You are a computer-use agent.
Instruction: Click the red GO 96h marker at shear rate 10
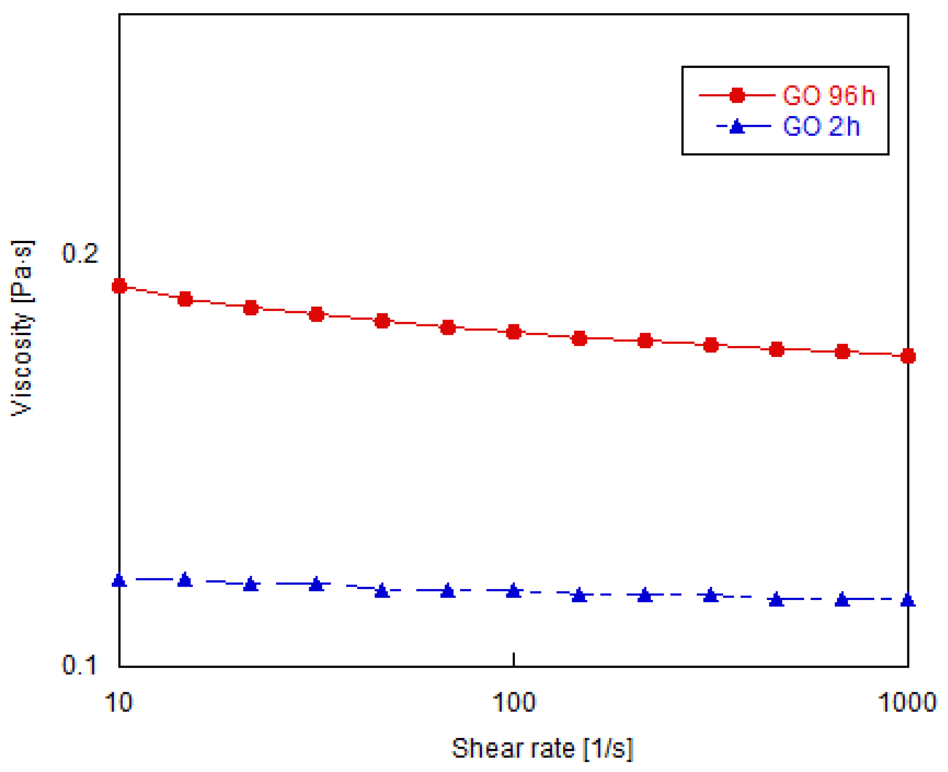pos(119,286)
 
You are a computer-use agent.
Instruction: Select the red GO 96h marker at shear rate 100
pos(513,332)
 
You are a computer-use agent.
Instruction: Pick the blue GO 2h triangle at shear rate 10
pos(119,580)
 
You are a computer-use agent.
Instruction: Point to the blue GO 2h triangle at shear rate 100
pos(513,591)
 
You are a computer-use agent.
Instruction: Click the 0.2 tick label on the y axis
pos(80,254)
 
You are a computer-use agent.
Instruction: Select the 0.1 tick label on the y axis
pos(79,665)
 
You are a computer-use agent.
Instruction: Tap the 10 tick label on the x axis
pos(118,703)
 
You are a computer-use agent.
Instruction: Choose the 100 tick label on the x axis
pos(513,703)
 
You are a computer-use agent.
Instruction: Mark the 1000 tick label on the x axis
pos(907,703)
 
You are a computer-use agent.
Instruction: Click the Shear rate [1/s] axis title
pos(542,749)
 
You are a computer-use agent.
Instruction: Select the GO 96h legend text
pos(828,96)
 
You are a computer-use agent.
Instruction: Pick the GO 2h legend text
pos(821,126)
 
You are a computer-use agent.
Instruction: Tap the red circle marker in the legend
pos(737,95)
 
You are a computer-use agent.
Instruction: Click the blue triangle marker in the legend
pos(737,127)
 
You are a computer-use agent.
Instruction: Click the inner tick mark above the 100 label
pos(513,660)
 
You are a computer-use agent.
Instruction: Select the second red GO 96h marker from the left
pos(185,299)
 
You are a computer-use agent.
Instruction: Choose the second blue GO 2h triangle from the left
pos(185,580)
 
